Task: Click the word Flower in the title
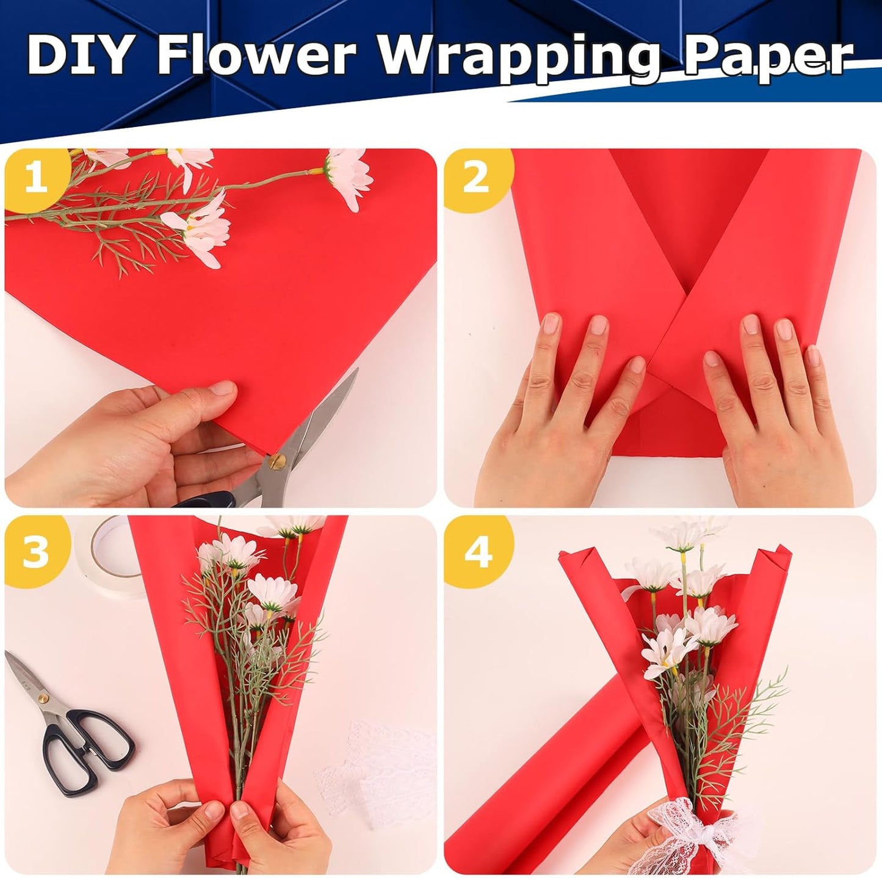[256, 54]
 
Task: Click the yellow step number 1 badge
[35, 180]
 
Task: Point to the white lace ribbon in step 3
[372, 769]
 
